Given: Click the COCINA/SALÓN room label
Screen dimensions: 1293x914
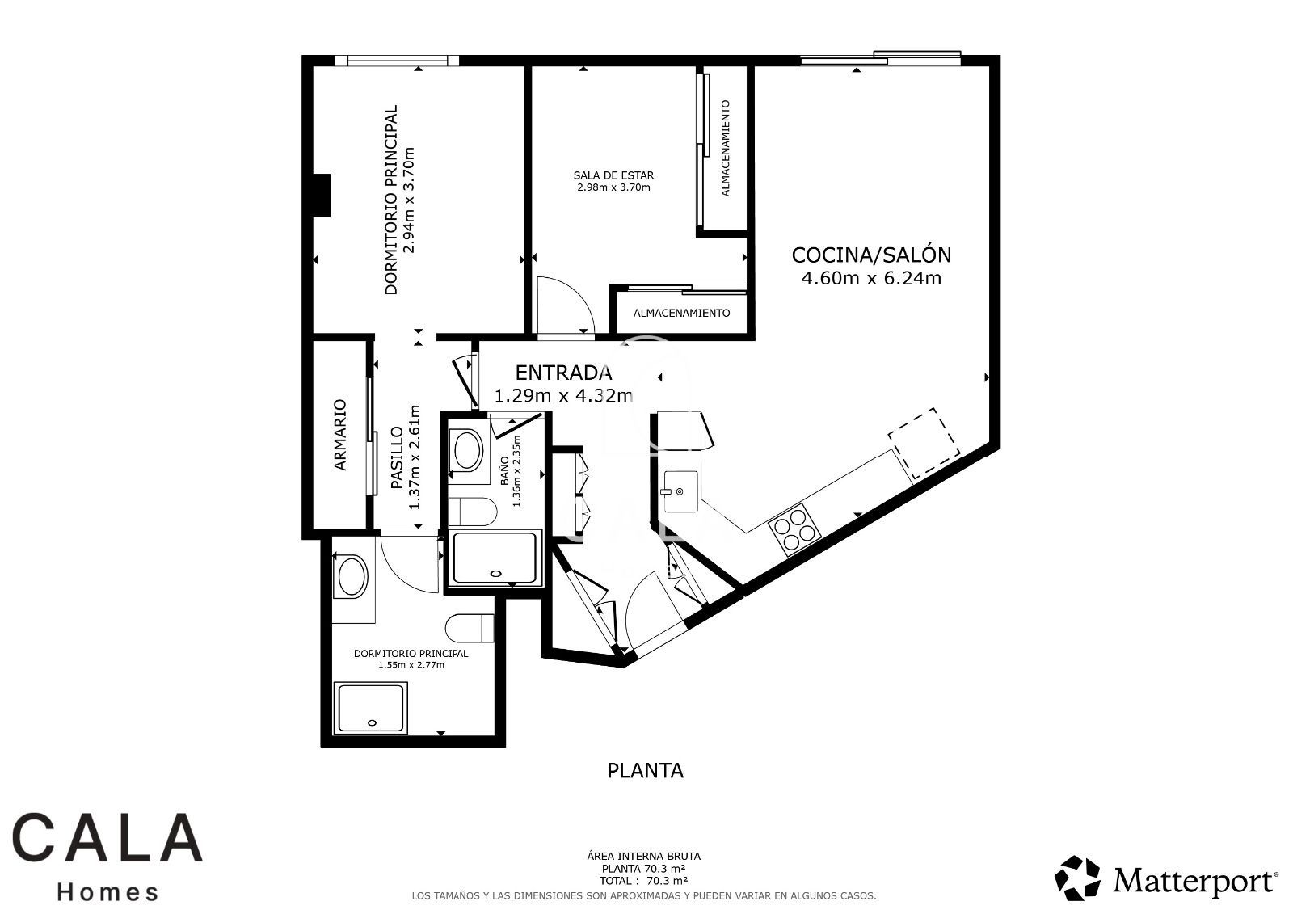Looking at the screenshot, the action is click(871, 255).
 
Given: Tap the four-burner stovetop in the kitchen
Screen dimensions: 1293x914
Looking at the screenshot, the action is click(794, 529).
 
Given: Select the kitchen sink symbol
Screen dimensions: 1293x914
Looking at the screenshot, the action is click(680, 491).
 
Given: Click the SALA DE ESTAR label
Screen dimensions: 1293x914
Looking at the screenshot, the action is click(613, 175).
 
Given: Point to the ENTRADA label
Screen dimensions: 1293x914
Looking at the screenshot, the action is click(563, 373).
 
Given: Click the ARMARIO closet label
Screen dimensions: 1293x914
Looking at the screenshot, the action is click(340, 435).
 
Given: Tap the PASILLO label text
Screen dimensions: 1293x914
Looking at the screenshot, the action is click(397, 458).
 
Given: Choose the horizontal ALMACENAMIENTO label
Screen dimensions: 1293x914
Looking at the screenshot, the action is click(682, 313).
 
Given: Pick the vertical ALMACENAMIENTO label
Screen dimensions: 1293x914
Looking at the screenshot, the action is click(726, 149).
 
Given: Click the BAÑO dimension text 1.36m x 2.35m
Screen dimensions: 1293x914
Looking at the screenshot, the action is click(516, 471).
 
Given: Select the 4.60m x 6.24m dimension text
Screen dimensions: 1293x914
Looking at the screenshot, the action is click(872, 278).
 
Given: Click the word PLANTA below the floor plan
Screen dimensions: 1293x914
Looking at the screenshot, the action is click(646, 771).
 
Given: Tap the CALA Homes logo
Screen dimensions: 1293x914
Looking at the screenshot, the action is click(107, 857).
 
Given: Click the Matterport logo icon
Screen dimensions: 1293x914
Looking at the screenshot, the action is click(1077, 878).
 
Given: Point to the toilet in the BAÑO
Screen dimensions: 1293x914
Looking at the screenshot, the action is click(473, 512).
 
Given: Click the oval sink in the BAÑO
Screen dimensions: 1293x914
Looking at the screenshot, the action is click(468, 450).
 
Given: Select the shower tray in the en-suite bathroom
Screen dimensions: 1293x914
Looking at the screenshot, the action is click(372, 709).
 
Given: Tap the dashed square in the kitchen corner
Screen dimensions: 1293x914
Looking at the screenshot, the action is click(924, 443).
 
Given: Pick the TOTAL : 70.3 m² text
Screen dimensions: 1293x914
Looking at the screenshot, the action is click(643, 881).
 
